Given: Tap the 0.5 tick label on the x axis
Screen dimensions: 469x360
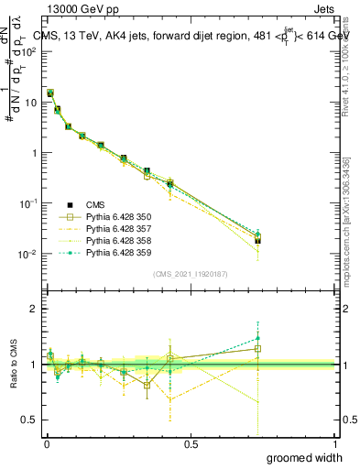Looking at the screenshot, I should pyautogui.click(x=191, y=444).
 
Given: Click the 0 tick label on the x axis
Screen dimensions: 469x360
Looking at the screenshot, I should pyautogui.click(x=46, y=444).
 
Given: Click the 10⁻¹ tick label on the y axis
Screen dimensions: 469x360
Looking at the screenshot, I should pyautogui.click(x=27, y=203).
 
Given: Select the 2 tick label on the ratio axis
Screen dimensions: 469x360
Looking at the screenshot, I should pyautogui.click(x=34, y=309).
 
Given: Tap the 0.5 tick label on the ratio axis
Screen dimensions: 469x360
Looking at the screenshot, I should pyautogui.click(x=30, y=420).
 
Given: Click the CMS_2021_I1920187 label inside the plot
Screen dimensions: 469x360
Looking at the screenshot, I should pyautogui.click(x=190, y=274).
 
